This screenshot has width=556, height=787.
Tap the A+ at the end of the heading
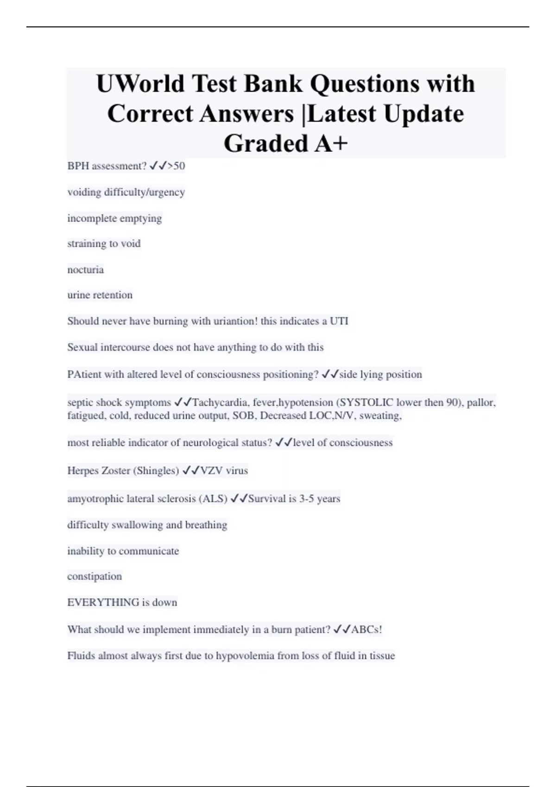click(x=331, y=144)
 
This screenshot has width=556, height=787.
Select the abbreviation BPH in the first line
click(x=78, y=166)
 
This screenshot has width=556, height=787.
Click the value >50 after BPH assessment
click(x=176, y=166)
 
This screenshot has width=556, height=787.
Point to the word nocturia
click(x=86, y=269)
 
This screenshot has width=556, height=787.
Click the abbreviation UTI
click(x=339, y=321)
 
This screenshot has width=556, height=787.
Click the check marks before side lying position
click(x=329, y=374)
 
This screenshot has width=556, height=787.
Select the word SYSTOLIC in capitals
click(x=366, y=402)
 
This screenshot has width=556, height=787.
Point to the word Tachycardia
click(x=220, y=402)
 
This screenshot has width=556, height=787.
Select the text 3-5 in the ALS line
click(x=306, y=499)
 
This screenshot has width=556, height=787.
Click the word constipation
click(x=95, y=576)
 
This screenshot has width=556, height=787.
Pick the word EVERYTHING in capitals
click(x=103, y=602)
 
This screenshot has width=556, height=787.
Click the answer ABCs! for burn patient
click(x=366, y=630)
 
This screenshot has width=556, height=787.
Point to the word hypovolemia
click(x=245, y=656)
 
